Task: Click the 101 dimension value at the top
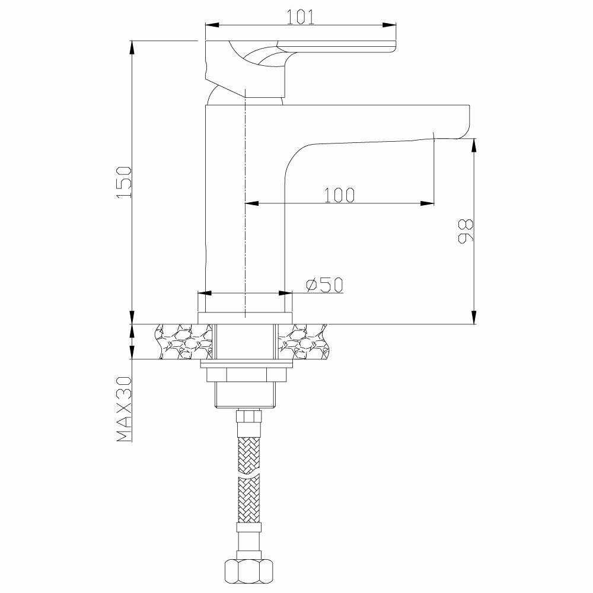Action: point(300,17)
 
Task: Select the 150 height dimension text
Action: point(124,182)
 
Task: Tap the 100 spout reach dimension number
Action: point(340,195)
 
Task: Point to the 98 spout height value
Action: point(466,231)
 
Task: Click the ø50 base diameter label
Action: point(324,285)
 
